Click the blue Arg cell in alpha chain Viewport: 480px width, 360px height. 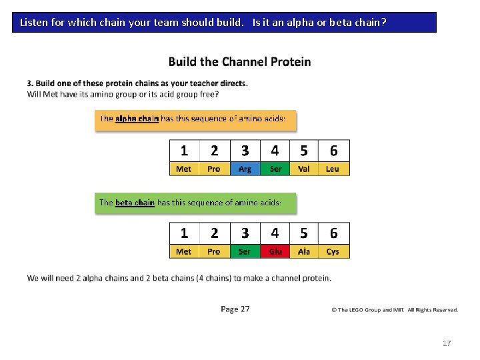tap(245, 169)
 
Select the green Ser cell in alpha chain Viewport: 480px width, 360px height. tap(275, 169)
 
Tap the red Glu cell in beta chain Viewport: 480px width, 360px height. tap(275, 252)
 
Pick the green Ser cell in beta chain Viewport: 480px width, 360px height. tap(245, 252)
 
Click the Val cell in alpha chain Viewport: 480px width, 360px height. tap(304, 169)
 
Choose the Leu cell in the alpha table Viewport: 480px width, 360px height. tap(333, 169)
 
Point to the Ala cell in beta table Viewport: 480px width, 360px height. tap(304, 252)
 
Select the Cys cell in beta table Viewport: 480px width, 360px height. tap(333, 252)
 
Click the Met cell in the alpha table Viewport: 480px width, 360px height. tap(184, 169)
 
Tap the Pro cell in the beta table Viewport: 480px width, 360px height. tap(214, 252)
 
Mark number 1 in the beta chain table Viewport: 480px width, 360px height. tap(184, 233)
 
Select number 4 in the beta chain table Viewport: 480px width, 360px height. tap(275, 233)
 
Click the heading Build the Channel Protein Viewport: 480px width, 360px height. tap(239, 62)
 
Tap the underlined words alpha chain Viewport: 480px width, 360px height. tap(137, 119)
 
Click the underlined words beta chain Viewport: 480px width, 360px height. tap(135, 202)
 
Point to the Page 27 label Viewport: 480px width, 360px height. tap(235, 309)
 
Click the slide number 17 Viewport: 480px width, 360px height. tap(447, 343)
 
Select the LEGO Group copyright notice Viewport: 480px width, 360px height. tap(395, 310)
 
